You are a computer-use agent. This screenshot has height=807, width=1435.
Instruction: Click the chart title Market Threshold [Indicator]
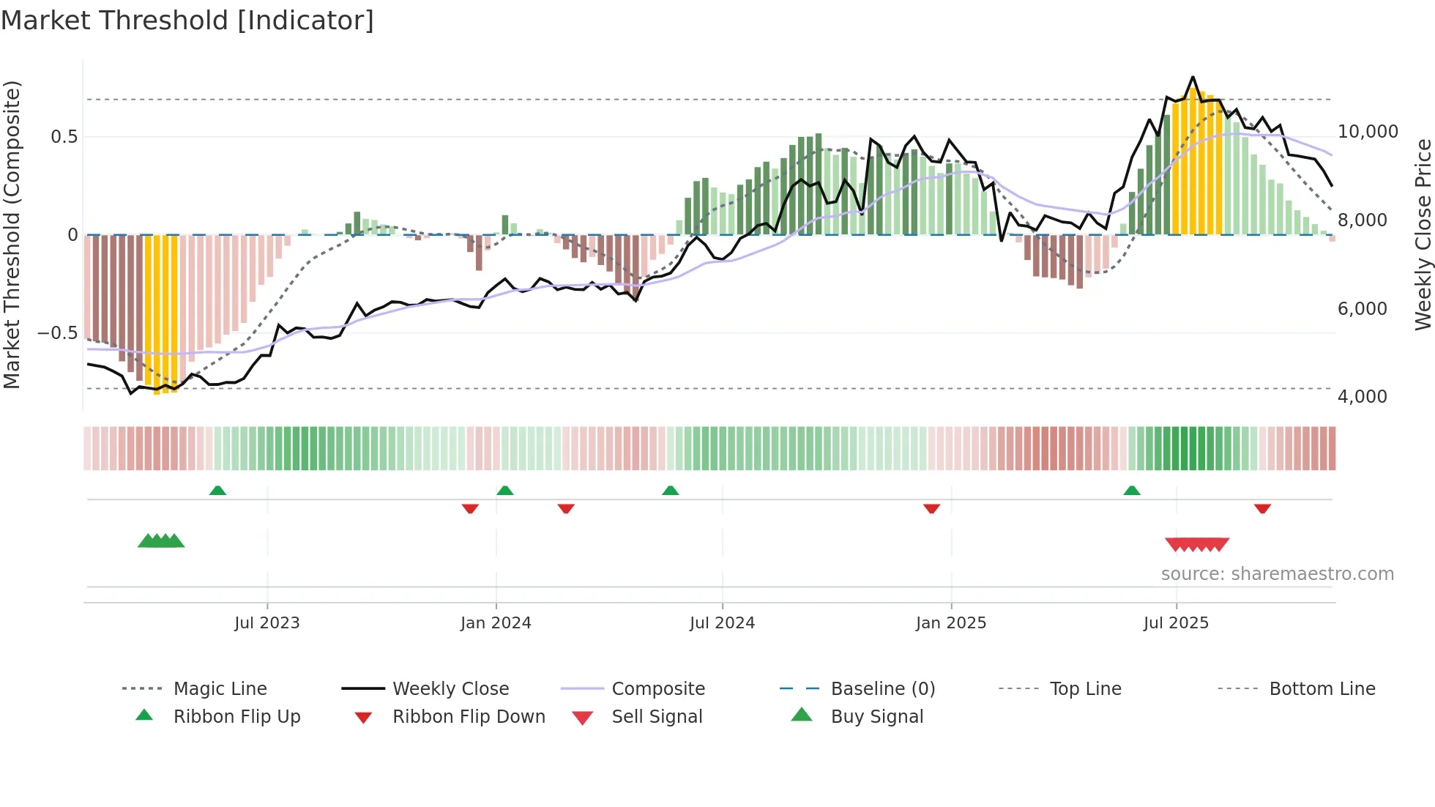pyautogui.click(x=187, y=21)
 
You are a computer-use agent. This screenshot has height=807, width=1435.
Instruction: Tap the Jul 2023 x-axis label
pyautogui.click(x=266, y=623)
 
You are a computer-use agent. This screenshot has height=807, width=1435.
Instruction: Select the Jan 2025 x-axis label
pyautogui.click(x=950, y=623)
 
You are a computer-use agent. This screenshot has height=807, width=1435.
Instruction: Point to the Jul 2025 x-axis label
pyautogui.click(x=1176, y=623)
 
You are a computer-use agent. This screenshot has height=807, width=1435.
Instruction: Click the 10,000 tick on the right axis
pyautogui.click(x=1368, y=132)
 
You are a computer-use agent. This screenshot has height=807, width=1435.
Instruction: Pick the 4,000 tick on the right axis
pyautogui.click(x=1362, y=397)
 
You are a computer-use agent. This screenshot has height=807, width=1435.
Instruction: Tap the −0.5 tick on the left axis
pyautogui.click(x=57, y=333)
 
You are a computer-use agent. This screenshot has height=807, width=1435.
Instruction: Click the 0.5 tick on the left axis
pyautogui.click(x=64, y=137)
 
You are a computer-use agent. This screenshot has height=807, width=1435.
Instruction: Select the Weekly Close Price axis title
pyautogui.click(x=1423, y=234)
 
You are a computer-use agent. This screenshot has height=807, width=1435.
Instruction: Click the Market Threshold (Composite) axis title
pyautogui.click(x=12, y=234)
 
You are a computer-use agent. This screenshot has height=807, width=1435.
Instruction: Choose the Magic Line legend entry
pyautogui.click(x=220, y=689)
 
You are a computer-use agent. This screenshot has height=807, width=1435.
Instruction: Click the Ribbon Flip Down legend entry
pyautogui.click(x=469, y=717)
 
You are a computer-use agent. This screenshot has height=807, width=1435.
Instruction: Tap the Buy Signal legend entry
pyautogui.click(x=876, y=717)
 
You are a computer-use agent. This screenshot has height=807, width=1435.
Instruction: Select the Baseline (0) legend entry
pyautogui.click(x=882, y=689)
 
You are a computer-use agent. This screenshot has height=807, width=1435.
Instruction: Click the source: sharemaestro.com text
pyautogui.click(x=1277, y=574)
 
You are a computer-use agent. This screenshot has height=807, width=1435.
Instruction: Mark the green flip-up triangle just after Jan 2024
pyautogui.click(x=504, y=491)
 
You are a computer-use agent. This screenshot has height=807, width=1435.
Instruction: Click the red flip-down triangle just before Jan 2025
pyautogui.click(x=931, y=508)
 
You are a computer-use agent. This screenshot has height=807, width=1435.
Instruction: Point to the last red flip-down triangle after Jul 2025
pyautogui.click(x=1262, y=508)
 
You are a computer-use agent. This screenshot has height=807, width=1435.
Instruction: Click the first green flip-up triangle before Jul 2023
pyautogui.click(x=217, y=491)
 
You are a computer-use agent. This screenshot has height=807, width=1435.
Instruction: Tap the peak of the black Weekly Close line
pyautogui.click(x=1193, y=77)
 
